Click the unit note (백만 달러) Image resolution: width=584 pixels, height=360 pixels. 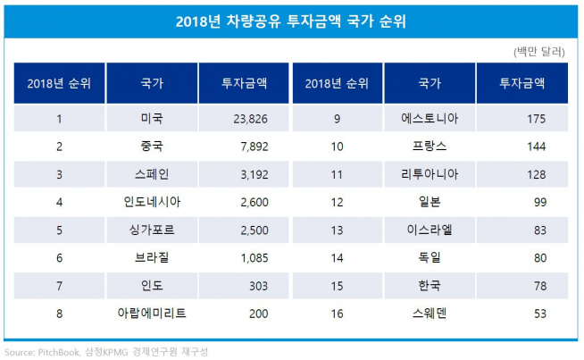click(539, 52)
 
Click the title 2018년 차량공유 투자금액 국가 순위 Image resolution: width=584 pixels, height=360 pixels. click(291, 20)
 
